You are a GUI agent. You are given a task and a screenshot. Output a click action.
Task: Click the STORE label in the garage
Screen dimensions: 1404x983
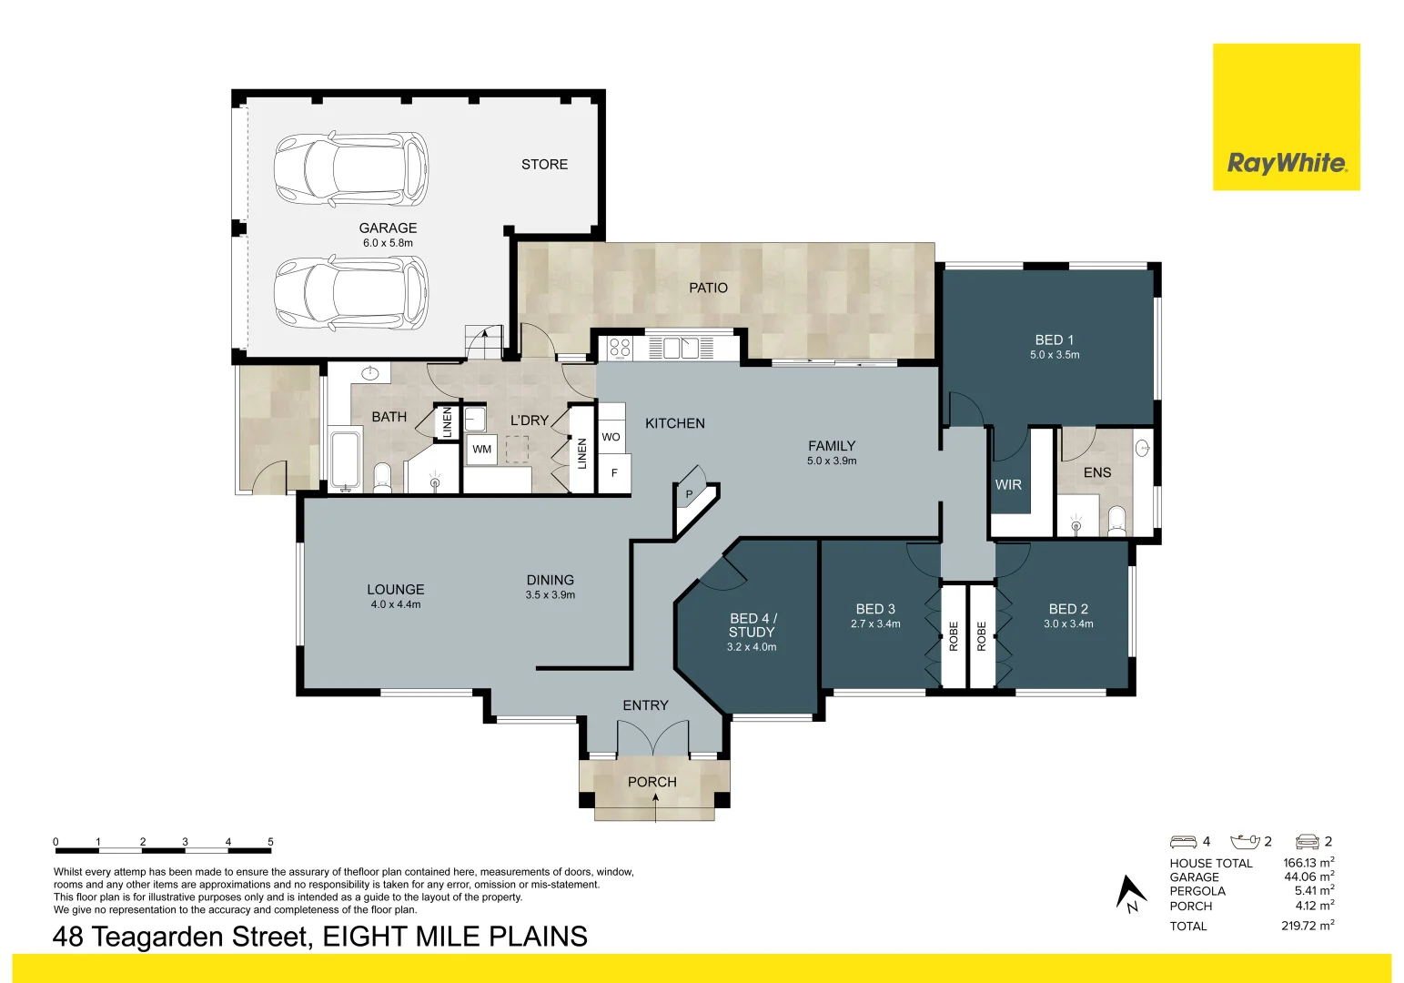(544, 164)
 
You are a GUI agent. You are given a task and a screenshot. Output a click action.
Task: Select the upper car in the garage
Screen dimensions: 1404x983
(351, 169)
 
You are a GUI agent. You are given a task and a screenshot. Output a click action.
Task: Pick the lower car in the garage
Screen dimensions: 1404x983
(351, 293)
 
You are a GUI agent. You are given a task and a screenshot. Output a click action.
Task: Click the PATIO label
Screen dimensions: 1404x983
(708, 288)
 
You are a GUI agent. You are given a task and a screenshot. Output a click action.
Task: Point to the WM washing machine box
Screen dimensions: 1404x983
(481, 450)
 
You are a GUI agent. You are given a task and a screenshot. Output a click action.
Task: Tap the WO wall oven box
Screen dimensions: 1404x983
(611, 437)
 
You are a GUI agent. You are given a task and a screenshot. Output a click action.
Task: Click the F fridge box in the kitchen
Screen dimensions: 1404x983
(614, 473)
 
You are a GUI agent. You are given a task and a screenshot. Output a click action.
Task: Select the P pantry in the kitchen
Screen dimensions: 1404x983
(690, 494)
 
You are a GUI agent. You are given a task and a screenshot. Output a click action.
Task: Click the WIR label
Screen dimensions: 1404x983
(1008, 484)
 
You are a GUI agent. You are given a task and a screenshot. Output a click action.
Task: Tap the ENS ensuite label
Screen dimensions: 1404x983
(1096, 472)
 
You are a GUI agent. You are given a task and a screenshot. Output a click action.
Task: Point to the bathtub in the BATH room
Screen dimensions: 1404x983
(345, 460)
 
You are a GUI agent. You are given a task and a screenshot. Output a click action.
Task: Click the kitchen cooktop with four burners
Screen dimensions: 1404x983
(620, 348)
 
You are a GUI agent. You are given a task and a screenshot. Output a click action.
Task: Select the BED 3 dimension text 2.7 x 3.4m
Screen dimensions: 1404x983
(875, 623)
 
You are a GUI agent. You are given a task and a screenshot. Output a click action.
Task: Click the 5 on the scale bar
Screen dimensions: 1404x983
(271, 842)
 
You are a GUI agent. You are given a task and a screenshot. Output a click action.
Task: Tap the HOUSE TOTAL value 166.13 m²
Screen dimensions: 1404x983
(1308, 863)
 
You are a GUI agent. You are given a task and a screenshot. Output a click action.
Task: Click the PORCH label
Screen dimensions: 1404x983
(651, 782)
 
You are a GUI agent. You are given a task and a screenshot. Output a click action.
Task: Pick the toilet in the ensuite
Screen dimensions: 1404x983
(1116, 522)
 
